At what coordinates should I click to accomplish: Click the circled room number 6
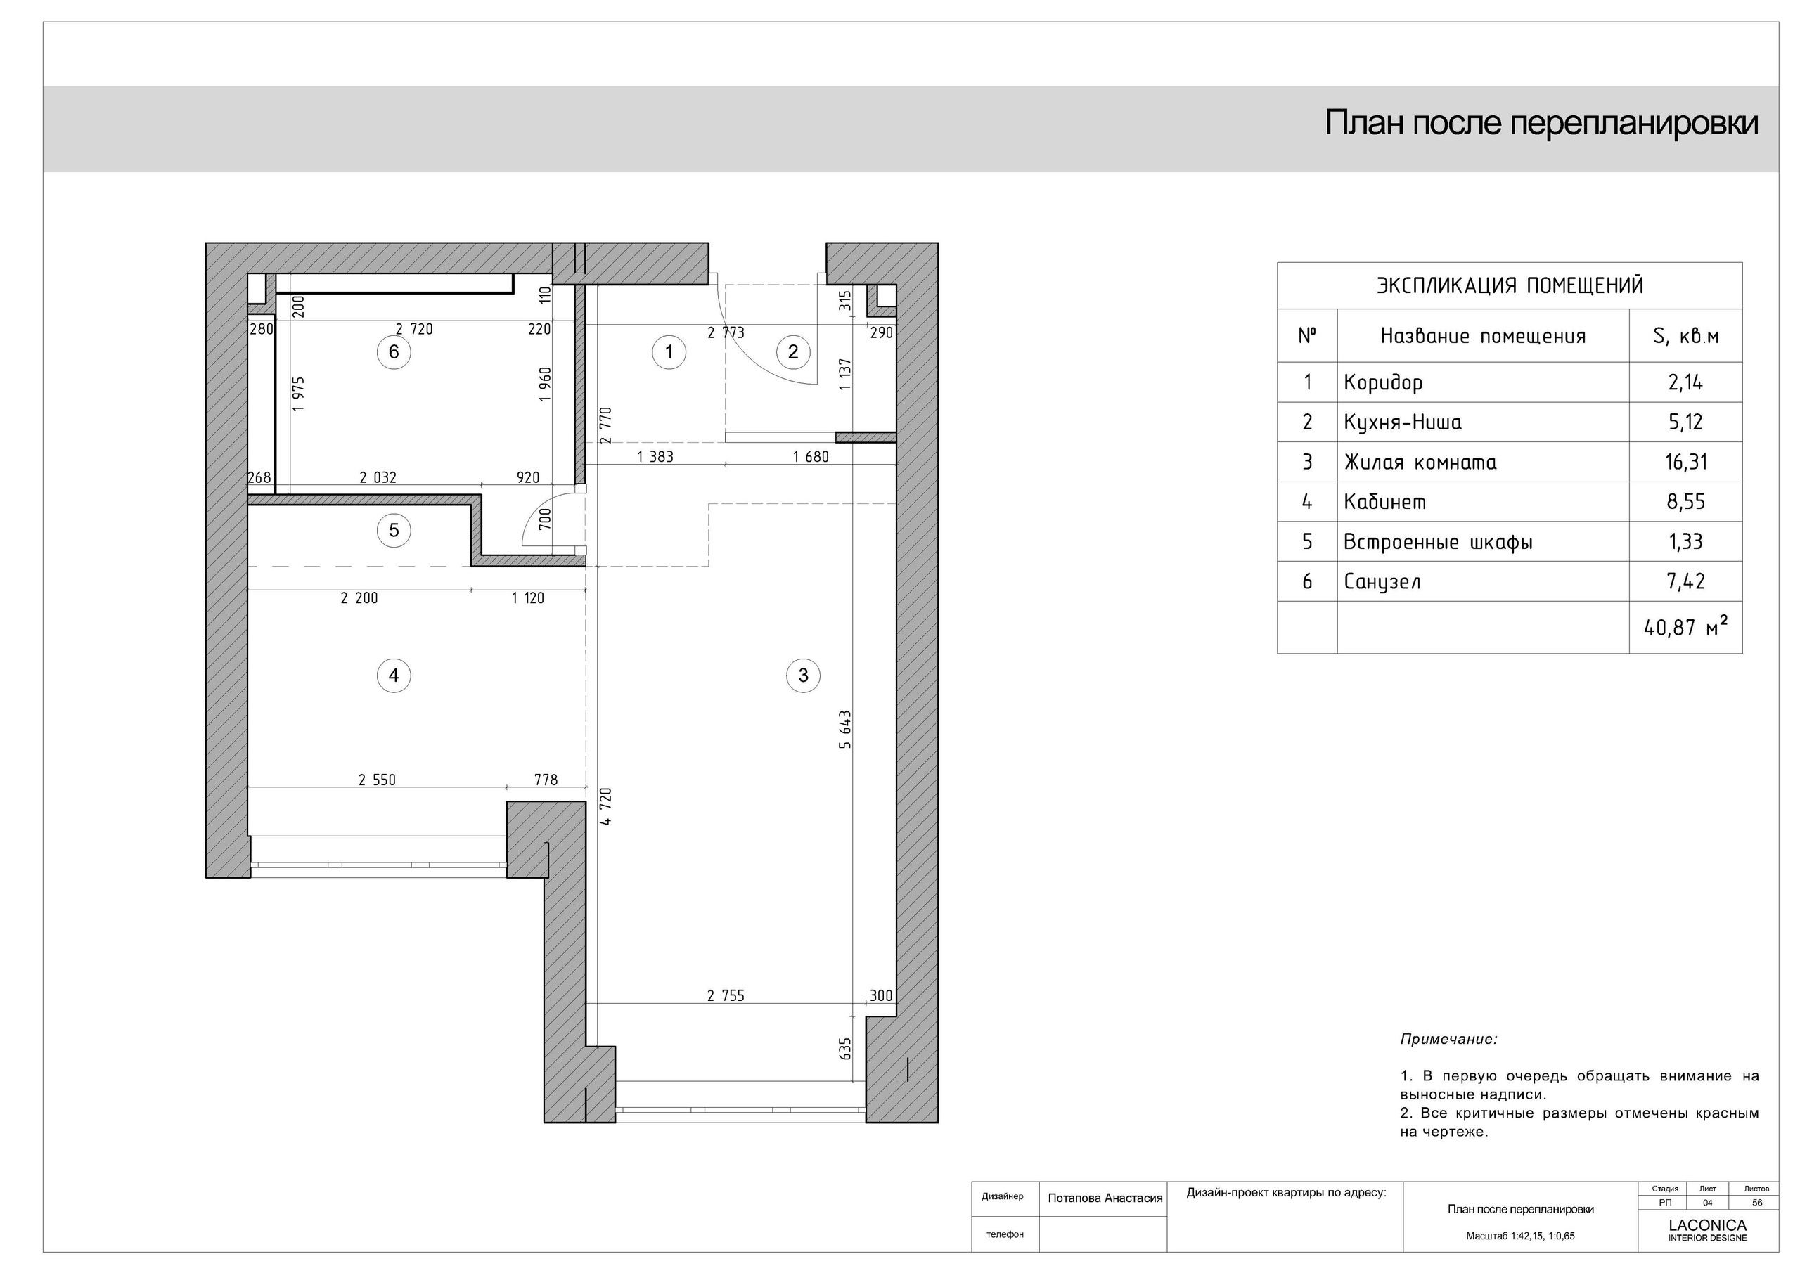pos(394,352)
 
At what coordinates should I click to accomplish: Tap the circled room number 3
pos(803,675)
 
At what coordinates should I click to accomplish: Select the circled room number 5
pos(394,531)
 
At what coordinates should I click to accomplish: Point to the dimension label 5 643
pos(844,729)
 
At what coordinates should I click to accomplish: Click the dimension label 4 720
pos(605,806)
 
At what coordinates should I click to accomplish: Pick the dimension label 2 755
pos(725,996)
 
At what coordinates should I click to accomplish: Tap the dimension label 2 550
pos(377,780)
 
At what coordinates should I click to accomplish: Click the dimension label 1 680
pos(811,457)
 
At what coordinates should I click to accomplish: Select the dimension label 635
pos(844,1048)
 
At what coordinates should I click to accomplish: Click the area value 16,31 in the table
pos(1685,463)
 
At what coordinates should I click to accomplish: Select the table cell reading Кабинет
pos(1384,502)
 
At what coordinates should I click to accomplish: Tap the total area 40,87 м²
pos(1685,627)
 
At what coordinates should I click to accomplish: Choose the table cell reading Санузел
pos(1382,581)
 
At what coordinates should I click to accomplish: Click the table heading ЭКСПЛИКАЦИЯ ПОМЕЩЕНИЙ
pos(1509,285)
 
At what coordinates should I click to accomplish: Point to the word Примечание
pos(1448,1040)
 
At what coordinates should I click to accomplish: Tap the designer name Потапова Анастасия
pos(1105,1198)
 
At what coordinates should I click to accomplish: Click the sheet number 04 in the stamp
pos(1706,1203)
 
